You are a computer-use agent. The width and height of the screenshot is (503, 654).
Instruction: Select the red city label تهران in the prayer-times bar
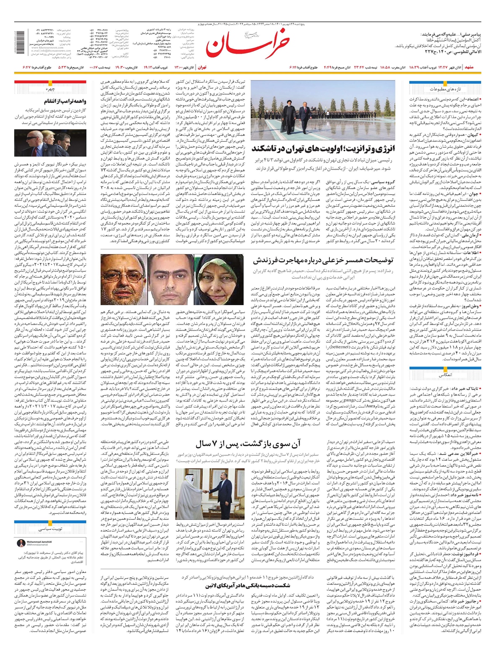[x=202, y=67]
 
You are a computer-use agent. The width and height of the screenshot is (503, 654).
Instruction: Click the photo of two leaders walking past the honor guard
[x=323, y=110]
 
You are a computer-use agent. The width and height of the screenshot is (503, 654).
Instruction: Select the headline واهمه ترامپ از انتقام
[x=67, y=101]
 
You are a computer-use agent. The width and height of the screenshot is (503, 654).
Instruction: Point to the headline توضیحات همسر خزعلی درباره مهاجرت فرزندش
[x=323, y=260]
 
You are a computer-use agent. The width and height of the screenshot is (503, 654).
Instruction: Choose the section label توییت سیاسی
[x=50, y=529]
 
